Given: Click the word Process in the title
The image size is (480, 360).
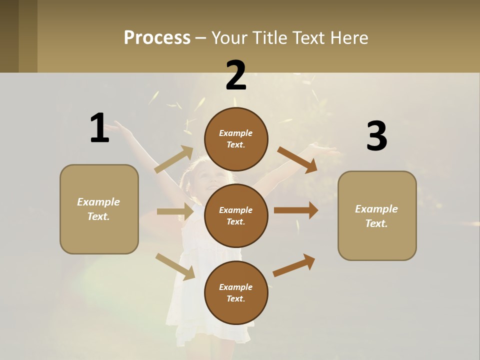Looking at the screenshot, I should click(x=157, y=37).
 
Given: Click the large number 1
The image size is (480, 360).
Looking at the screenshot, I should click(x=99, y=128).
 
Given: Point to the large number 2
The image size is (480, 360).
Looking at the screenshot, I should click(x=236, y=75).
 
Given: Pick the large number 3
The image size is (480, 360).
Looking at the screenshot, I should click(x=376, y=136).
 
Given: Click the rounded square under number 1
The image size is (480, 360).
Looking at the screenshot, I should click(x=99, y=209).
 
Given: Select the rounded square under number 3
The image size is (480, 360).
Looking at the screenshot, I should click(x=377, y=216).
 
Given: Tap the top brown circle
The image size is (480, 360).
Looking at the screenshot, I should click(x=236, y=139).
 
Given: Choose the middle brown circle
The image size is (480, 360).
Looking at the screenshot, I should click(x=236, y=215).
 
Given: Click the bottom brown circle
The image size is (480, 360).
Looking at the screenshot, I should click(x=236, y=292).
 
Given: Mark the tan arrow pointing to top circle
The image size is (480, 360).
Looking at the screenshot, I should click(x=173, y=159).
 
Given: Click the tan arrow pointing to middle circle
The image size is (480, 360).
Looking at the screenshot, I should click(x=175, y=211).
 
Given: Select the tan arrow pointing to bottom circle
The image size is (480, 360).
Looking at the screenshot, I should click(x=175, y=266).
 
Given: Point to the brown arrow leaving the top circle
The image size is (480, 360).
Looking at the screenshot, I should click(x=297, y=160).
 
